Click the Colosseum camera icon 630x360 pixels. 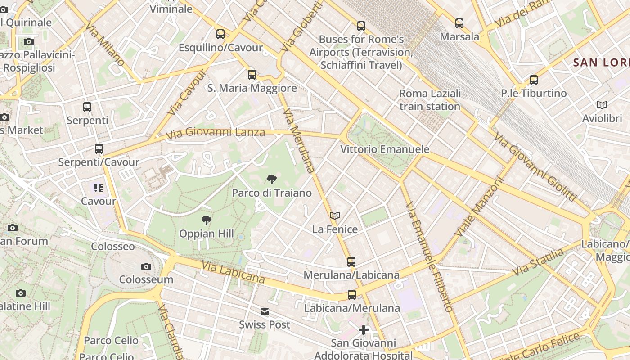click(x=146, y=266)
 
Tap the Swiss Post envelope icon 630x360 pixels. click(x=265, y=311)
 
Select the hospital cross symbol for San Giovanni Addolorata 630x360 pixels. click(x=364, y=330)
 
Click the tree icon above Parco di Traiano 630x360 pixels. click(x=271, y=180)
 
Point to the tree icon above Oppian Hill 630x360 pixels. click(x=207, y=220)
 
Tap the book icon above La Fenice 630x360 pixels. click(x=334, y=216)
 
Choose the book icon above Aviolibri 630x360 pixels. click(x=602, y=105)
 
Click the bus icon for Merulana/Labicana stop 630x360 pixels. click(x=351, y=261)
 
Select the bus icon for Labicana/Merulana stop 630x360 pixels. click(x=352, y=295)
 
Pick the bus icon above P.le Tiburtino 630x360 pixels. click(x=534, y=80)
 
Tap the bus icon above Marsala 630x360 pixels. click(x=459, y=23)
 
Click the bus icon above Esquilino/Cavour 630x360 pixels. click(x=220, y=34)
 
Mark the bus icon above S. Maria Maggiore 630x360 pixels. click(x=252, y=75)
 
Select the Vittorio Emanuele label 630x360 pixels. click(x=385, y=149)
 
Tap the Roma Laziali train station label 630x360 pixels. click(x=430, y=100)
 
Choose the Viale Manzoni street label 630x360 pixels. click(x=478, y=207)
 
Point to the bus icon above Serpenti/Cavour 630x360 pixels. click(x=99, y=149)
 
